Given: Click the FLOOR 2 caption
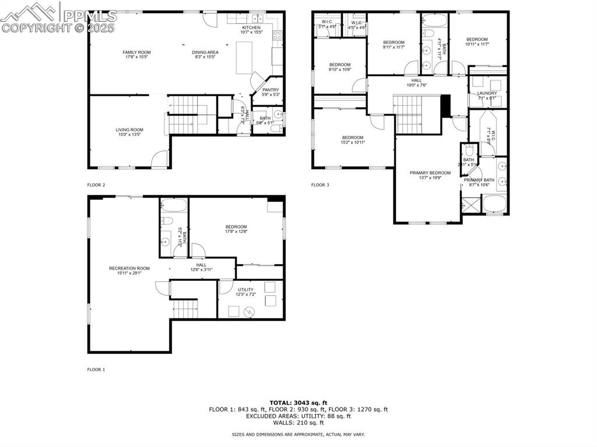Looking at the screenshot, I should (x=96, y=185).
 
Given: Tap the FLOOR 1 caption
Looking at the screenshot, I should (x=96, y=369).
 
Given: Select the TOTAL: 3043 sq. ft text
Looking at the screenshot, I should (x=298, y=402).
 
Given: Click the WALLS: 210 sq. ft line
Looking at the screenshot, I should (x=298, y=423).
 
